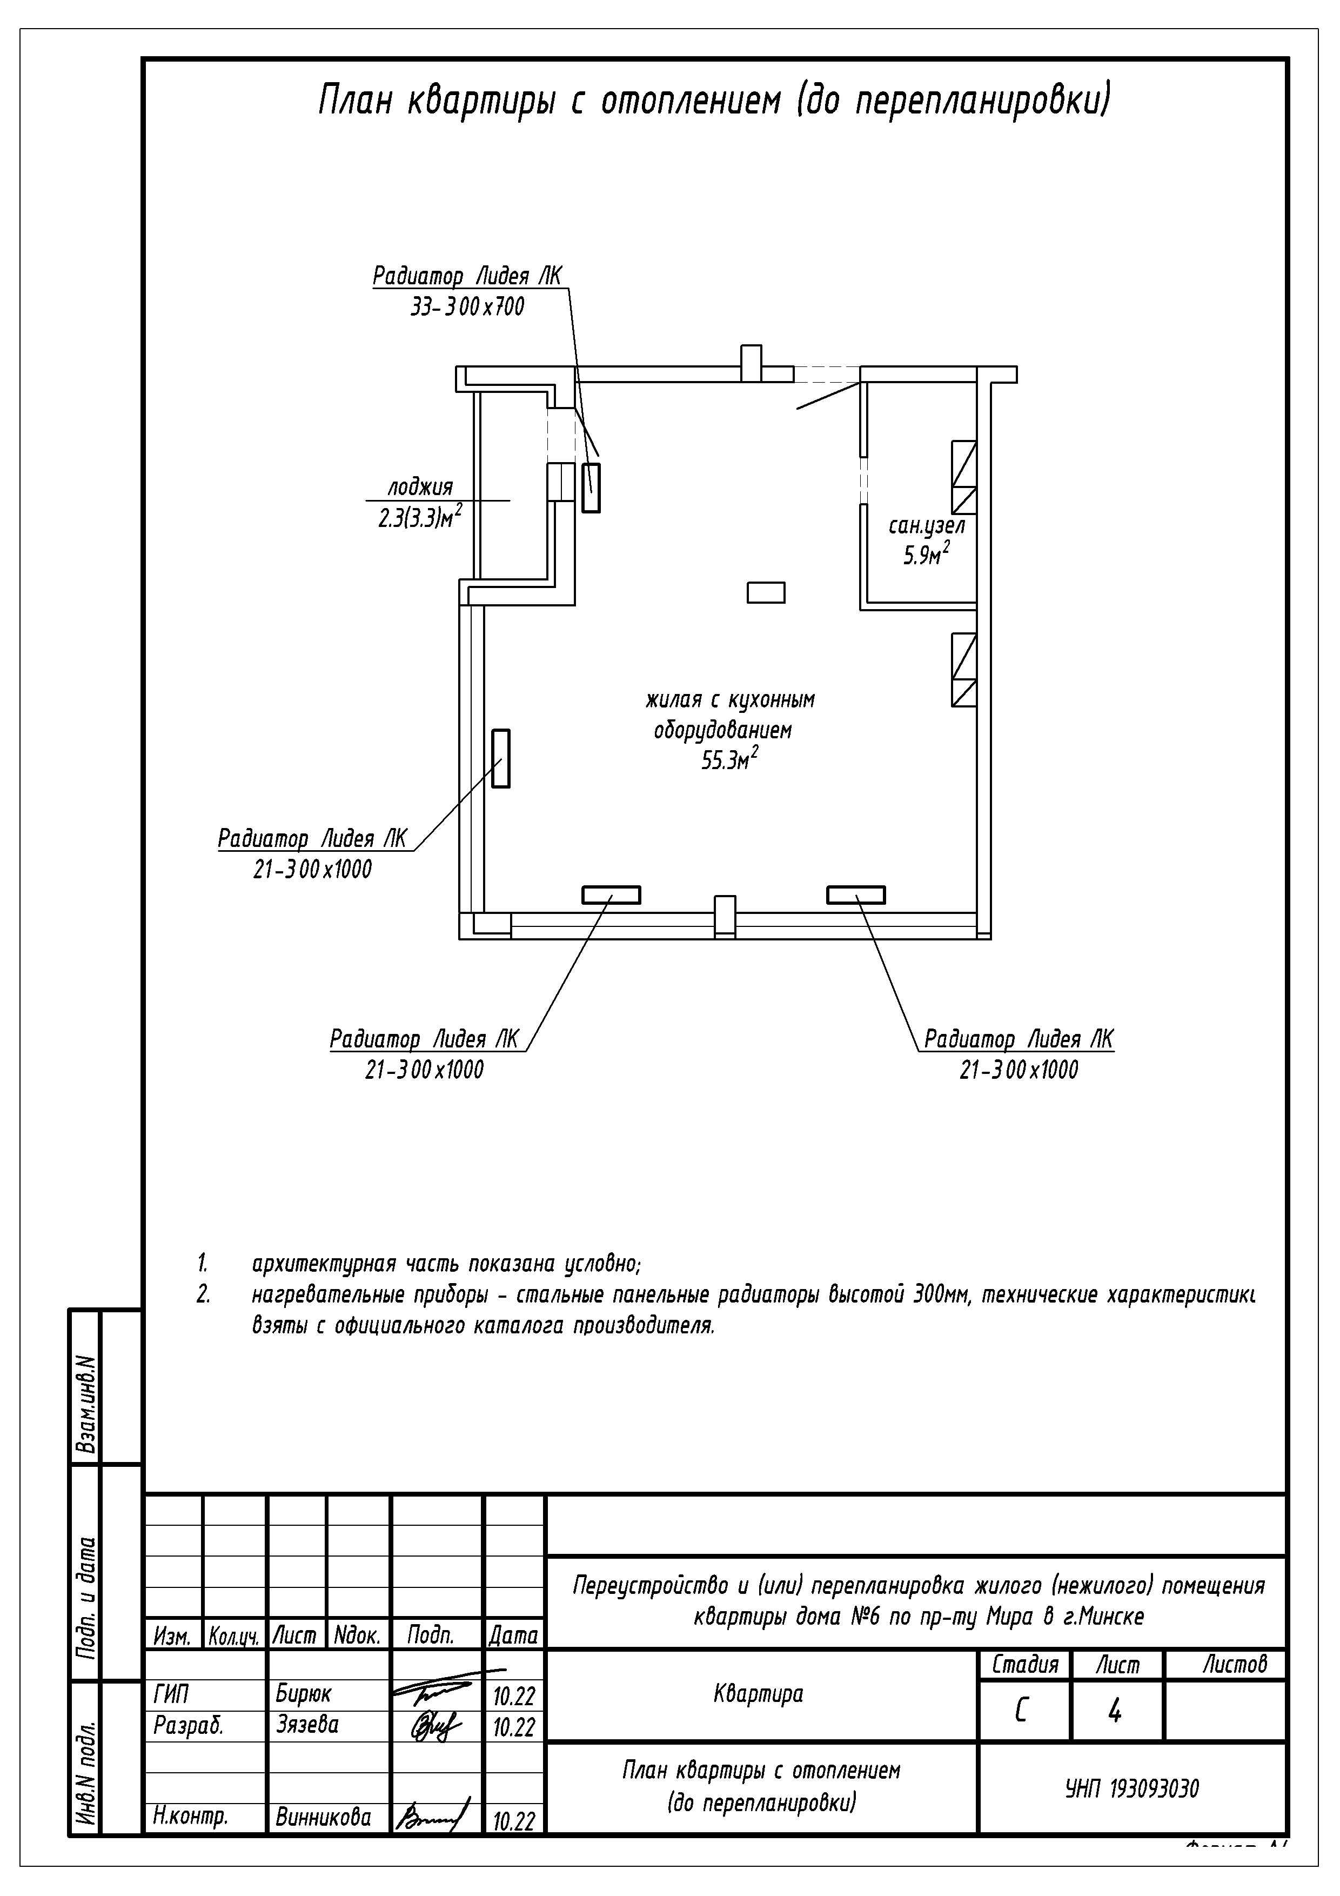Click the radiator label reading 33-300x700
tap(467, 307)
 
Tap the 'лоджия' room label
tap(420, 487)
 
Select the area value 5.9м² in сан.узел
tap(926, 555)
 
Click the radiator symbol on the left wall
tap(500, 758)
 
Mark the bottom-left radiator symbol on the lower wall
tap(611, 895)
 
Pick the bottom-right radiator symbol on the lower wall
tap(856, 895)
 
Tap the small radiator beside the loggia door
tap(591, 488)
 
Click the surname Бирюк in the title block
tap(303, 1694)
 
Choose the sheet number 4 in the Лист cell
tap(1115, 1713)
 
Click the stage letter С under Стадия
tap(1021, 1713)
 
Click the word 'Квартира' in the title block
tap(758, 1694)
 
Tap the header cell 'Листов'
tap(1234, 1664)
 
